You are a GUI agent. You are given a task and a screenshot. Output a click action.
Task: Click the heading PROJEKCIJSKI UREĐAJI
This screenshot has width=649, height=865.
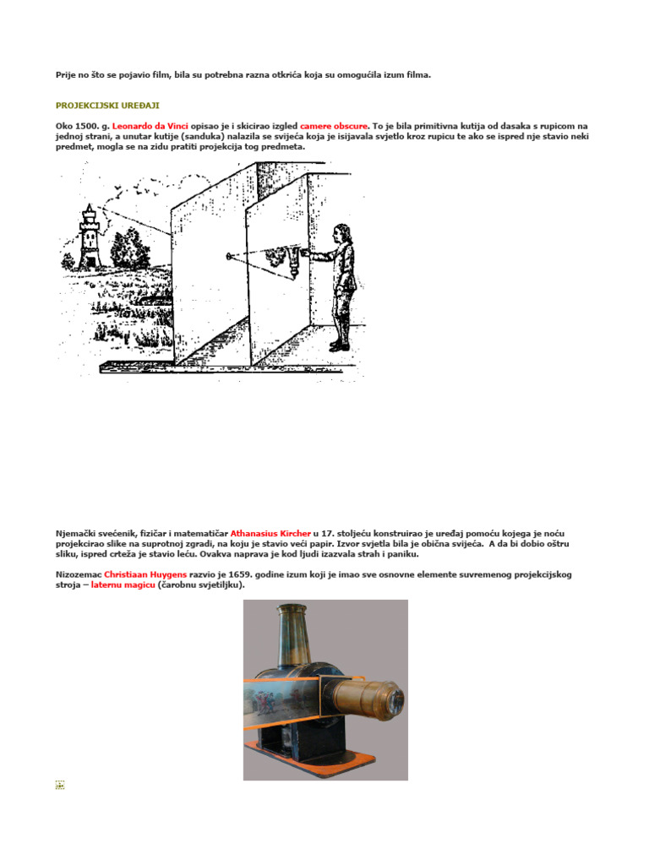(95, 106)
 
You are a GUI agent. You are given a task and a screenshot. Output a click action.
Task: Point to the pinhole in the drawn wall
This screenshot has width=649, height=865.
(228, 253)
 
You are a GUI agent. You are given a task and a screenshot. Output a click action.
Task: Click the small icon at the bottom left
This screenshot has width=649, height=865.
(60, 785)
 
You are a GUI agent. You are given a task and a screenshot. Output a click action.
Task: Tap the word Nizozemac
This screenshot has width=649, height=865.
(78, 574)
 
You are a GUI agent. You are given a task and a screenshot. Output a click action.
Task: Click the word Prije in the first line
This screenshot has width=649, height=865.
(65, 75)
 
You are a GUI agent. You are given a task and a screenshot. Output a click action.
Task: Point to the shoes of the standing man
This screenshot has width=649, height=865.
(338, 345)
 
